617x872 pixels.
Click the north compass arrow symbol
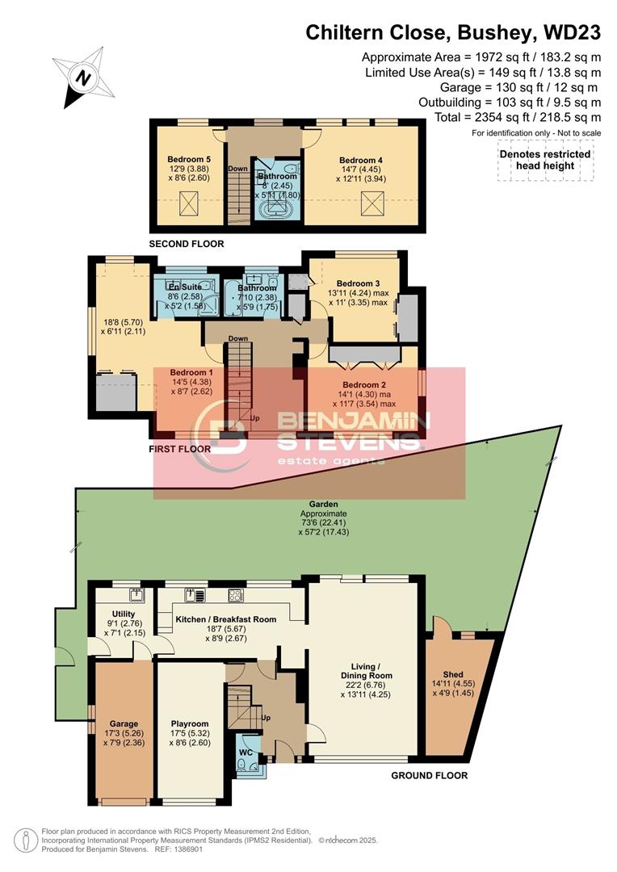pyautogui.click(x=80, y=78)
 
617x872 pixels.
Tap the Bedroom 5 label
pyautogui.click(x=189, y=160)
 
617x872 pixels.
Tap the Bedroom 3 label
pyautogui.click(x=358, y=283)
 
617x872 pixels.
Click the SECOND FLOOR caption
pyautogui.click(x=187, y=244)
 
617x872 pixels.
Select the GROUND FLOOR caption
pyautogui.click(x=429, y=776)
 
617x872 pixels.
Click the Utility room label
pyautogui.click(x=124, y=614)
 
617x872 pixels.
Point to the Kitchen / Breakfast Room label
pyautogui.click(x=226, y=619)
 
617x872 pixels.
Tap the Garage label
pyautogui.click(x=124, y=723)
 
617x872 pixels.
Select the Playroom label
pyautogui.click(x=190, y=723)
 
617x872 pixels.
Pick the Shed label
pyautogui.click(x=453, y=674)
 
